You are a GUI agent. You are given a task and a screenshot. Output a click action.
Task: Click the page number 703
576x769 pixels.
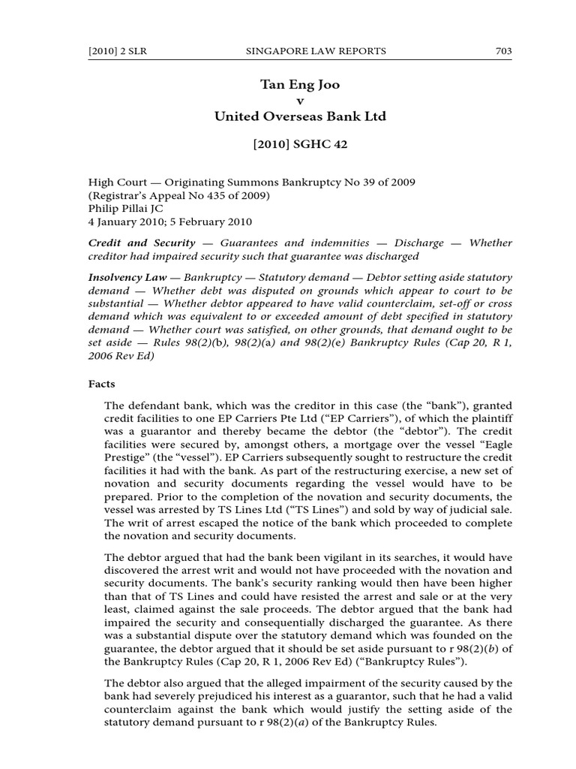[x=503, y=51]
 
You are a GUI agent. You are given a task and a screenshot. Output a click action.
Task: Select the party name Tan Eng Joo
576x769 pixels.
[x=299, y=85]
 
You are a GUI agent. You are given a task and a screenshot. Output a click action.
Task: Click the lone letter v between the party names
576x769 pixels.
[x=300, y=101]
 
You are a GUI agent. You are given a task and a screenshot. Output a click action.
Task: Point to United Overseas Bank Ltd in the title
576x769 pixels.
[x=299, y=116]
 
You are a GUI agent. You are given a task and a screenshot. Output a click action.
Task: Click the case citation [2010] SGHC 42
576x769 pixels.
[x=299, y=145]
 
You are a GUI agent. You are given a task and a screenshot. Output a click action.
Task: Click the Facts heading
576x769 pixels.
[x=102, y=383]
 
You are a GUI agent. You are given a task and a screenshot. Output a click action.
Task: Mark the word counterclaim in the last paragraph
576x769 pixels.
[x=140, y=709]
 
